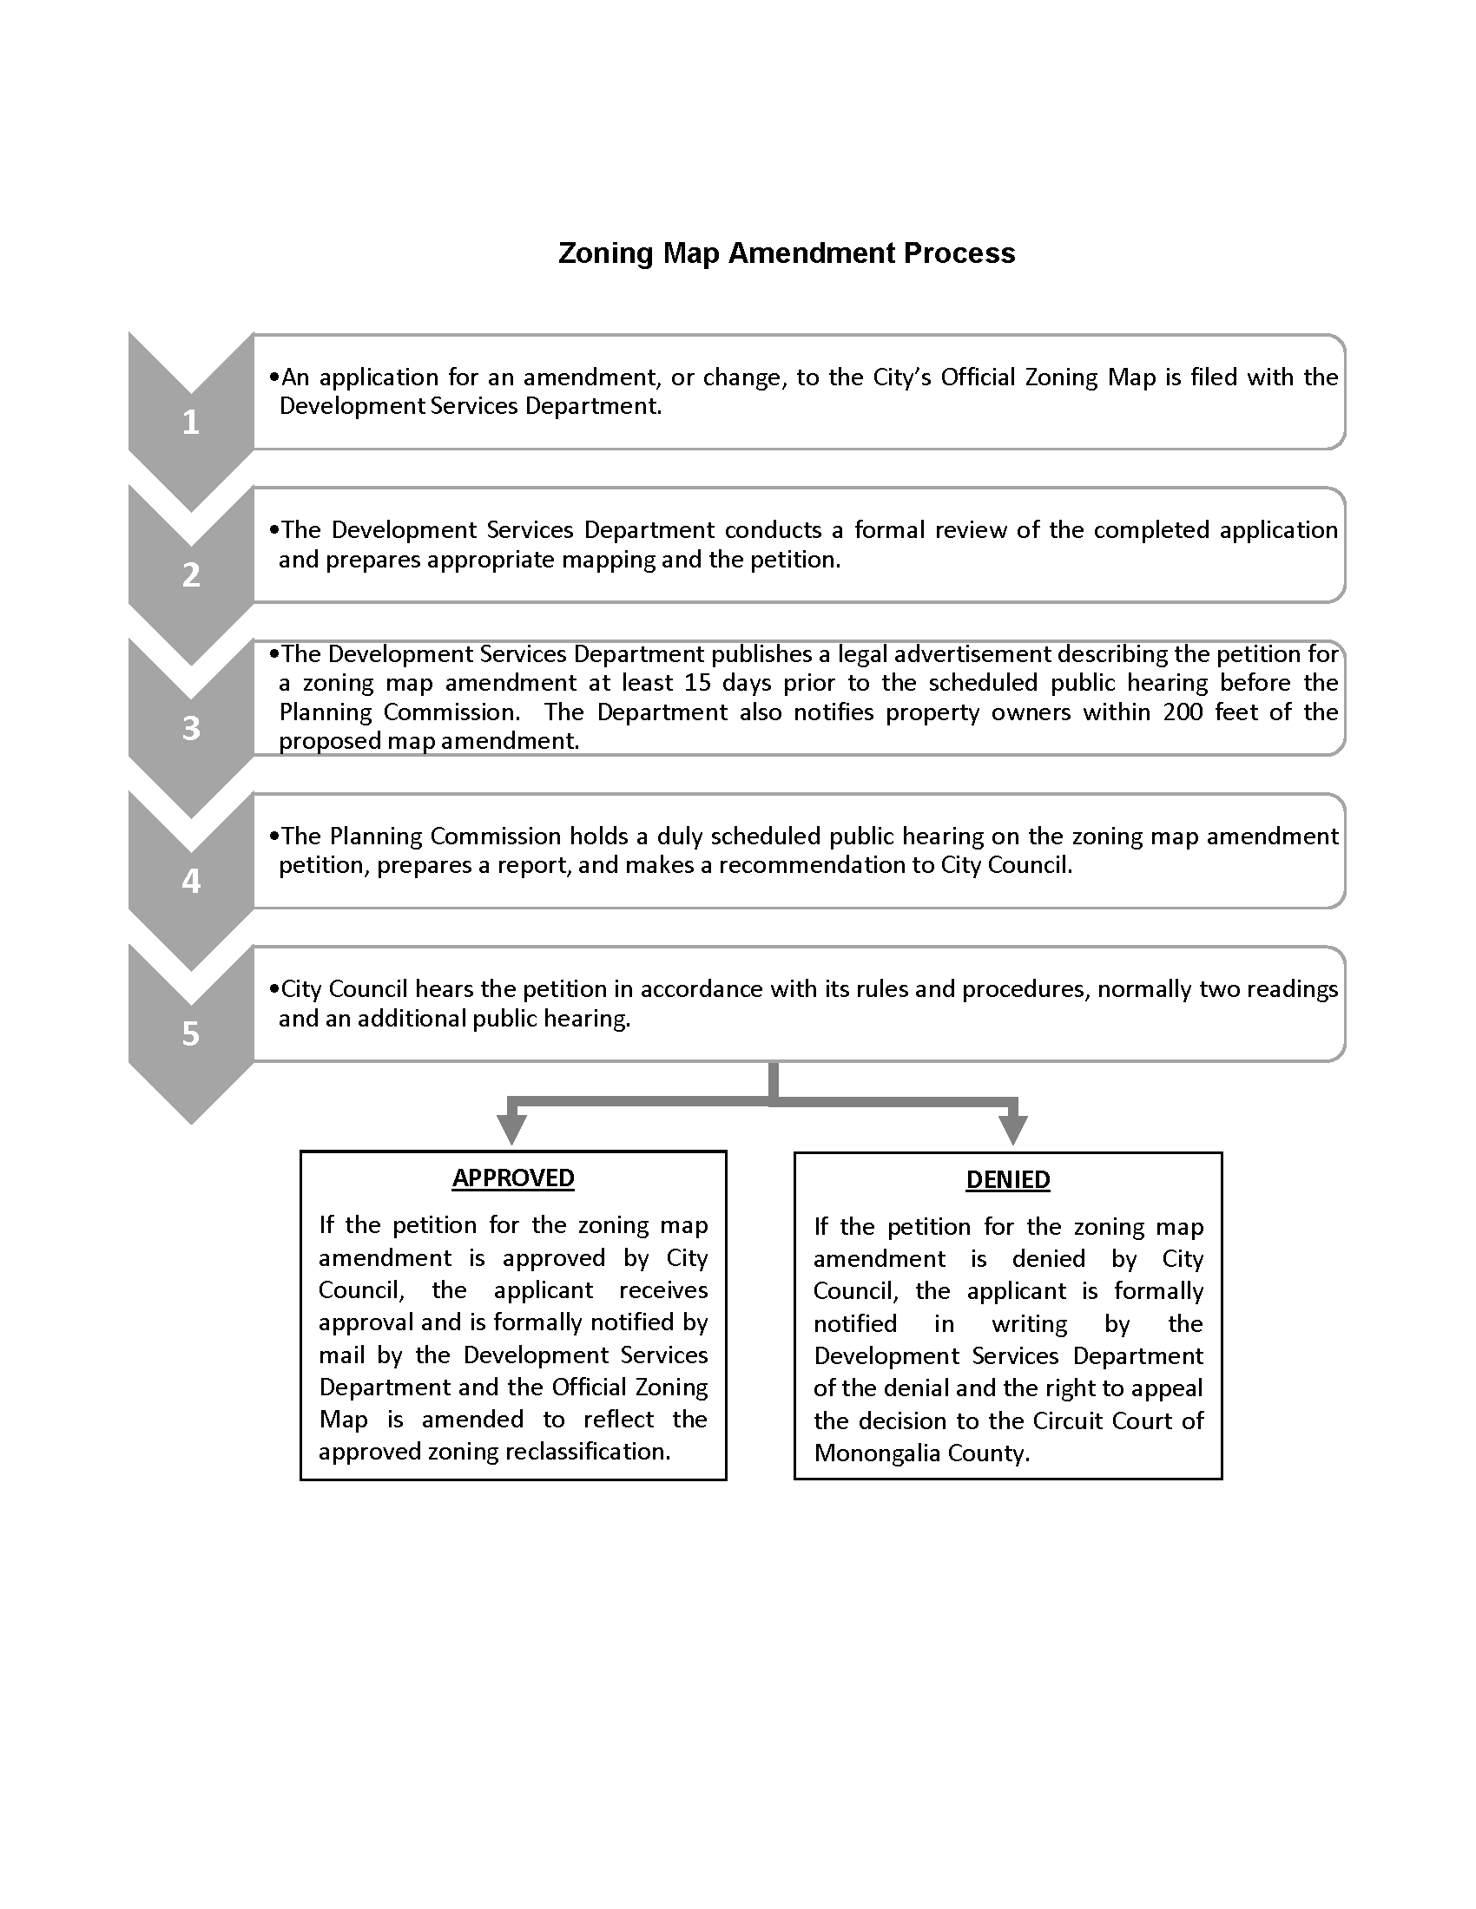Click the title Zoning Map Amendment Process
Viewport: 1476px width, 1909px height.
click(x=786, y=253)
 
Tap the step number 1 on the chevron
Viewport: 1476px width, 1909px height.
click(x=191, y=423)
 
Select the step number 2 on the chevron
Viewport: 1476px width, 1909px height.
click(x=191, y=574)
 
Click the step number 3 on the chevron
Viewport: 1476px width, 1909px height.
click(x=191, y=727)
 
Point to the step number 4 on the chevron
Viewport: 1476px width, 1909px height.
click(x=191, y=880)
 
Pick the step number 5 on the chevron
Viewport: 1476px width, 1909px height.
click(x=191, y=1033)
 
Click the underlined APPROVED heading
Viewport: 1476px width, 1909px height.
click(x=513, y=1178)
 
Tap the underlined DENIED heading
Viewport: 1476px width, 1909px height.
click(x=1007, y=1179)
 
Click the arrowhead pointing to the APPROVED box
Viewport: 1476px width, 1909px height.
click(x=511, y=1130)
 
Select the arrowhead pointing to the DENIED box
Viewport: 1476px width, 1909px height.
click(x=1012, y=1130)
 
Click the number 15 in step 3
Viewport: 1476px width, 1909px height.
click(x=697, y=683)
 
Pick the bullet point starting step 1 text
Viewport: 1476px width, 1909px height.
click(x=274, y=377)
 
